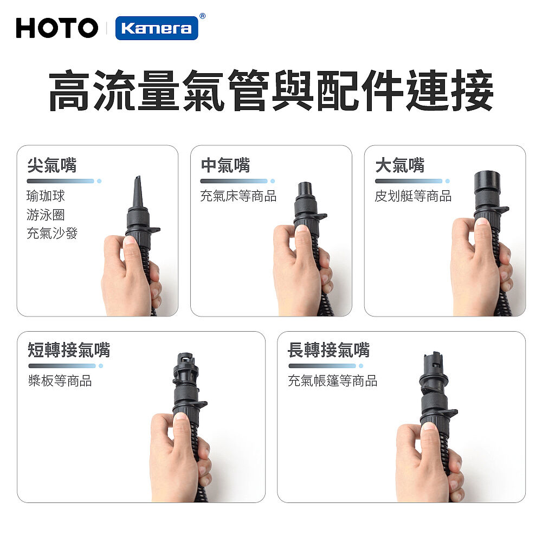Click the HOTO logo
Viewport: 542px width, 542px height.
[57, 28]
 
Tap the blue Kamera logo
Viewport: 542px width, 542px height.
[157, 28]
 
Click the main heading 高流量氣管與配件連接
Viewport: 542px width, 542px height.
[271, 91]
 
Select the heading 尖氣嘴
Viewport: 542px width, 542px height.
[52, 165]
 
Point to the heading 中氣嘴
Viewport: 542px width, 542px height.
[225, 165]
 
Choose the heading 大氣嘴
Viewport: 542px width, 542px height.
[400, 165]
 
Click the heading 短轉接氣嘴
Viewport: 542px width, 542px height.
[69, 350]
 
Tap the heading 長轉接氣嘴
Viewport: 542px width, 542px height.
[329, 350]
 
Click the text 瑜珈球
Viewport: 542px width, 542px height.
[46, 196]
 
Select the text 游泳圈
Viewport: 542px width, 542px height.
[46, 215]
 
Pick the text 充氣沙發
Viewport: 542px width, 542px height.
[52, 233]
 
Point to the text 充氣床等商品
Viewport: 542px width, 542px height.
[238, 196]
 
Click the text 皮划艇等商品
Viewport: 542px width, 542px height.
[413, 196]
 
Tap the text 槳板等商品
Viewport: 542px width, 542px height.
[60, 380]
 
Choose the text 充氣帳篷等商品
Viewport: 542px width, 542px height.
[333, 380]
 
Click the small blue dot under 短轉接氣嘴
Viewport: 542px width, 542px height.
[101, 366]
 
